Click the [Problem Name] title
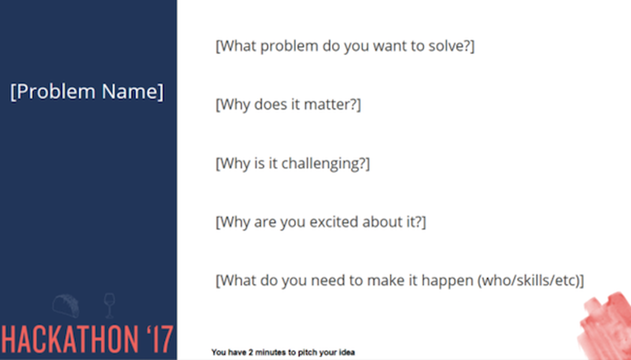(87, 92)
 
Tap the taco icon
(66, 306)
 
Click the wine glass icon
(109, 306)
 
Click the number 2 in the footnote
(251, 352)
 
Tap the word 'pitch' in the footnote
(306, 353)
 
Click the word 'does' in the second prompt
(270, 104)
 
